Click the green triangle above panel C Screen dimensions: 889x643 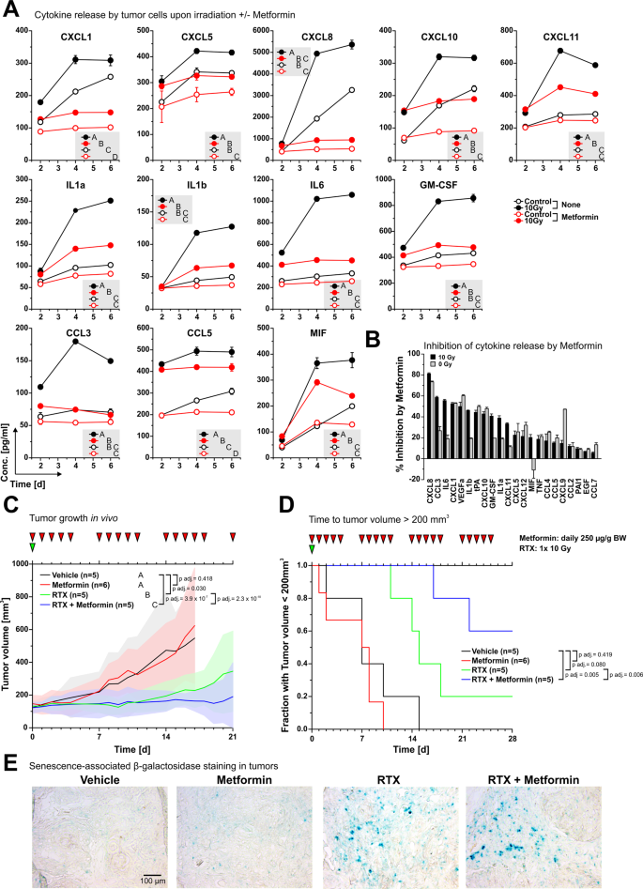click(33, 547)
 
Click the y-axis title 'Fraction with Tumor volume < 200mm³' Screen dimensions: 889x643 click(287, 642)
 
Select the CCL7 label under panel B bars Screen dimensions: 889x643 click(594, 471)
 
